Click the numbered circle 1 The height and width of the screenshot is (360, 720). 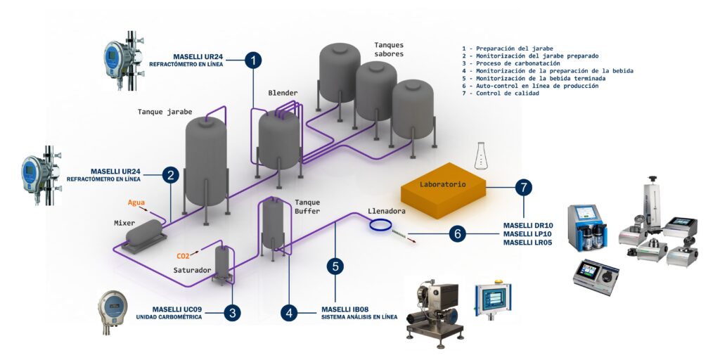[x=253, y=60]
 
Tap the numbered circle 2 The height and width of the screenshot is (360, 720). [x=169, y=175]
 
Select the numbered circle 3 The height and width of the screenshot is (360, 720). [x=233, y=313]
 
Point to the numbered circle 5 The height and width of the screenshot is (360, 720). [x=336, y=266]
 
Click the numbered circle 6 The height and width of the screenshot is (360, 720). [x=458, y=233]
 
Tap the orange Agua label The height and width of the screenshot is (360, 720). [x=136, y=202]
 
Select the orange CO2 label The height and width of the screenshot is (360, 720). [x=183, y=256]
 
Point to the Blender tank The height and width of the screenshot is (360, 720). [x=279, y=137]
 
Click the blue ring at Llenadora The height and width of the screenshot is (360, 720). [x=380, y=224]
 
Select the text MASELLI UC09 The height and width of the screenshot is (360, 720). [x=177, y=309]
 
